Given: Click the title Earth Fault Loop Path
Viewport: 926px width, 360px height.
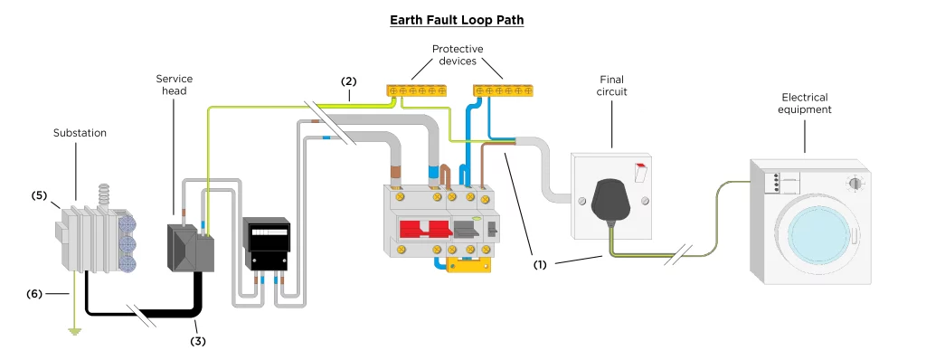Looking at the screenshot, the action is click(457, 20).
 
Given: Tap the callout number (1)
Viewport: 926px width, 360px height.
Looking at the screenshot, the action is click(541, 265).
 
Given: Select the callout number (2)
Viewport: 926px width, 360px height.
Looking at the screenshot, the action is click(349, 81).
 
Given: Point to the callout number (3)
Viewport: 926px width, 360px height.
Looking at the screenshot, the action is click(198, 341).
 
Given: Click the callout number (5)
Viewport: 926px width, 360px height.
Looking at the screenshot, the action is click(39, 195).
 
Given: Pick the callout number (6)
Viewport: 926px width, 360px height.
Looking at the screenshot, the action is click(34, 293).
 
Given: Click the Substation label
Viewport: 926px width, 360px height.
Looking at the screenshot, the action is click(80, 133).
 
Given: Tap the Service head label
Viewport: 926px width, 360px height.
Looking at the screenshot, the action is click(175, 84).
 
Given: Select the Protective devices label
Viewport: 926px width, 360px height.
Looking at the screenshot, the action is click(457, 55).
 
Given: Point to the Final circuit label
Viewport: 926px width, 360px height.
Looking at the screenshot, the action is click(611, 85).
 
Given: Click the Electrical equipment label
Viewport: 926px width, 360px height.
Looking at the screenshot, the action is click(804, 103).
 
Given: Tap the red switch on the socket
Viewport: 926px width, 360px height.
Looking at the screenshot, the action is click(640, 172).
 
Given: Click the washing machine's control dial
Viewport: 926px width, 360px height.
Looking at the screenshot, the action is click(854, 184).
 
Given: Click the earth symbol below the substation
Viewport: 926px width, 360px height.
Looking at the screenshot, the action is click(74, 331).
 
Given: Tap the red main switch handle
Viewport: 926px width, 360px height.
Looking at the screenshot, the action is click(421, 230).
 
